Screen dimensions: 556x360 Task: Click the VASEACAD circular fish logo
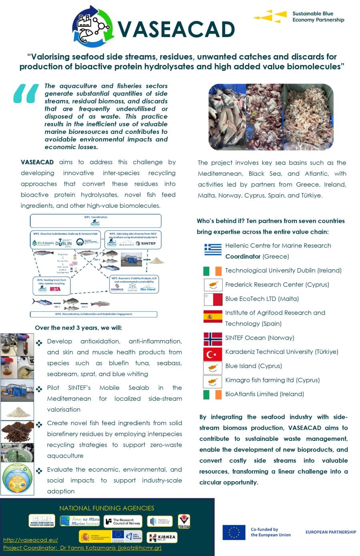pos(92,27)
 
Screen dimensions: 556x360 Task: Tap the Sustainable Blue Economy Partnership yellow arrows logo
pos(270,16)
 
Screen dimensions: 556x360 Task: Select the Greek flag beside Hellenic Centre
pos(212,249)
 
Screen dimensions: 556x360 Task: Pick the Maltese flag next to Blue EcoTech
pos(212,299)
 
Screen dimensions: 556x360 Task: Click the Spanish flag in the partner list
pos(212,317)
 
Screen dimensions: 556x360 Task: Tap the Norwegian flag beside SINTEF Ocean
pos(212,339)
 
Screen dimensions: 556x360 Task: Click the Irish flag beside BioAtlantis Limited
pos(212,395)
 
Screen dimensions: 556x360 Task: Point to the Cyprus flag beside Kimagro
pos(212,381)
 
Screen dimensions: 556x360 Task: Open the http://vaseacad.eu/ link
pos(30,540)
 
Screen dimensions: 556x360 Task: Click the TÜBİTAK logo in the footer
pos(184,521)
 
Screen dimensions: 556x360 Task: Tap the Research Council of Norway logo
pos(123,521)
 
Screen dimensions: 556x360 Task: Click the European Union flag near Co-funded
pos(234,532)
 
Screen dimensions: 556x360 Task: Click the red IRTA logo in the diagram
pos(55,289)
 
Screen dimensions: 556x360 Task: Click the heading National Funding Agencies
pos(106,508)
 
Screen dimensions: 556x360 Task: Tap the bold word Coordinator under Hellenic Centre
pos(243,257)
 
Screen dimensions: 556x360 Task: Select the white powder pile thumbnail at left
pos(17,411)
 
